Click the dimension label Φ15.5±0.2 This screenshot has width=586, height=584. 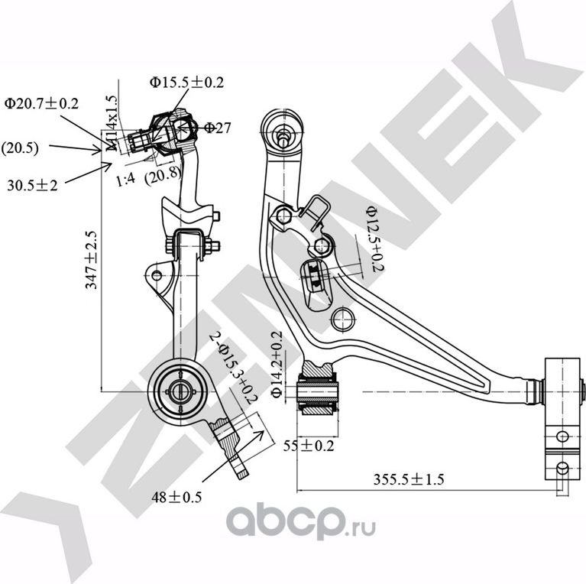(186, 83)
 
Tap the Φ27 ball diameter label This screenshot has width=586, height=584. (217, 128)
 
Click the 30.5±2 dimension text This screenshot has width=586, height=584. (33, 183)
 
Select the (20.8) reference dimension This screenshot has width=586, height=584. (163, 174)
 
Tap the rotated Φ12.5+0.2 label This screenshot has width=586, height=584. (372, 238)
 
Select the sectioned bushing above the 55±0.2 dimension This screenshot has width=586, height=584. (319, 391)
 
